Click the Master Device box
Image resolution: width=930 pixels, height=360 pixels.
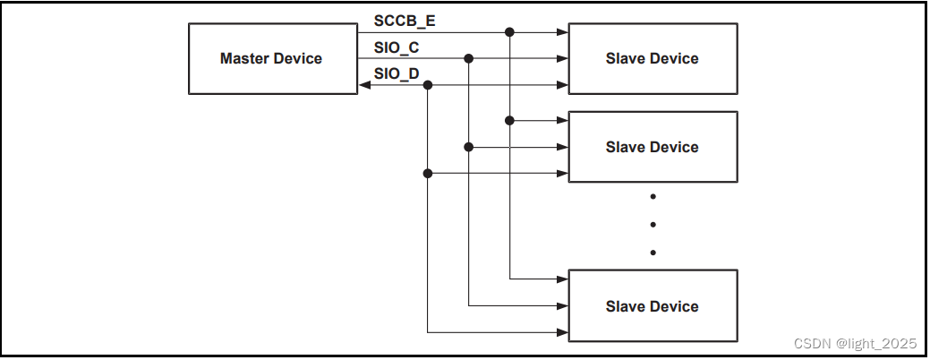pyautogui.click(x=270, y=59)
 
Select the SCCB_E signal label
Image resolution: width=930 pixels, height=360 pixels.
pyautogui.click(x=405, y=20)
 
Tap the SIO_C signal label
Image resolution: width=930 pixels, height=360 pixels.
pyautogui.click(x=397, y=47)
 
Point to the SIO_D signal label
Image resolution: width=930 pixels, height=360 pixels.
pyautogui.click(x=397, y=74)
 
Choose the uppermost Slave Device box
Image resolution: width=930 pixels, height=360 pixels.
pyautogui.click(x=653, y=59)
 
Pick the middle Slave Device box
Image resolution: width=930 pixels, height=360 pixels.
pyautogui.click(x=653, y=147)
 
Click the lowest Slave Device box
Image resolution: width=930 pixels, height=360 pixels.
pyautogui.click(x=653, y=306)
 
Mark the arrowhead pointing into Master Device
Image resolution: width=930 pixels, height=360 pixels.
pyautogui.click(x=362, y=85)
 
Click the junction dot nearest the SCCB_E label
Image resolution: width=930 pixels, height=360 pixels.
pyautogui.click(x=510, y=32)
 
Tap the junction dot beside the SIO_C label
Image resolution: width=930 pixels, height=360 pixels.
pyautogui.click(x=468, y=58)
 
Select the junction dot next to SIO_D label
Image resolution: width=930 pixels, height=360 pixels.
pyautogui.click(x=428, y=85)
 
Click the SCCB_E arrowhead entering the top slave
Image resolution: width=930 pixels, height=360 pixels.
pyautogui.click(x=562, y=32)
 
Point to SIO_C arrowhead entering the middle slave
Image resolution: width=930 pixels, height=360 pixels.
pyautogui.click(x=562, y=147)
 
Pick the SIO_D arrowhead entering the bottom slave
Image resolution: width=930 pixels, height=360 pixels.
pyautogui.click(x=562, y=332)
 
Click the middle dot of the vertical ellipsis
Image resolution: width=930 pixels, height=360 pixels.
pyautogui.click(x=653, y=224)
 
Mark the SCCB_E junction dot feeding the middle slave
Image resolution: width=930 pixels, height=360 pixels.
pyautogui.click(x=510, y=120)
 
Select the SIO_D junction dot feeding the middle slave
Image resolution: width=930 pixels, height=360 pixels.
pyautogui.click(x=428, y=173)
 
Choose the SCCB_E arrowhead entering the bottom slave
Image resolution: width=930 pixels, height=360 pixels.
pyautogui.click(x=562, y=279)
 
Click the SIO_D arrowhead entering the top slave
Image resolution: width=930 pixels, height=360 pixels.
pyautogui.click(x=562, y=85)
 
